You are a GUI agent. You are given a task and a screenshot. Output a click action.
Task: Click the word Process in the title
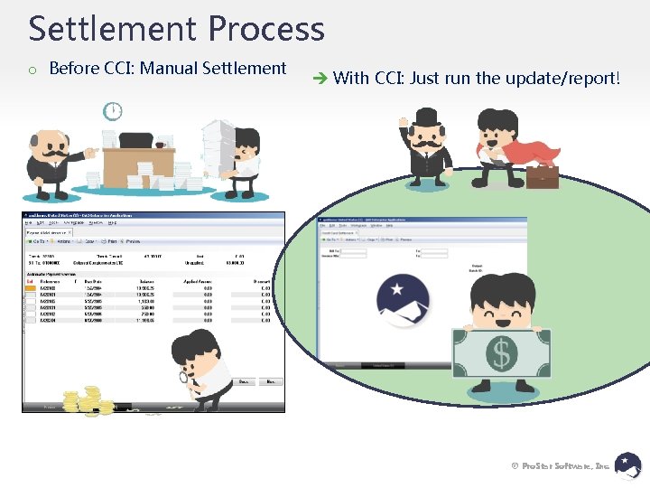(266, 29)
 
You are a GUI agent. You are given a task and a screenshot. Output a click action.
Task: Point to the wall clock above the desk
(113, 111)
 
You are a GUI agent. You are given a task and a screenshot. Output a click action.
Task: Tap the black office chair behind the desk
(135, 141)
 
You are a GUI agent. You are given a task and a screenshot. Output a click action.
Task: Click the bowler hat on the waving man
(426, 117)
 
